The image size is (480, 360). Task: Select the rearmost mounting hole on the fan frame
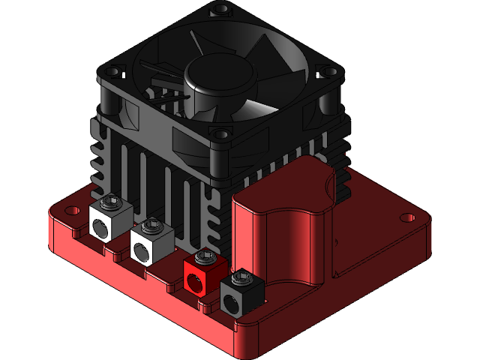click(220, 11)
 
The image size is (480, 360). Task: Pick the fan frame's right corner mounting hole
click(325, 71)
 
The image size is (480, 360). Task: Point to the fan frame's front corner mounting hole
click(223, 135)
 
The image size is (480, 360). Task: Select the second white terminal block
click(149, 243)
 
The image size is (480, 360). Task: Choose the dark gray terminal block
click(240, 294)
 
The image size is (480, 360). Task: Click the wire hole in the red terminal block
click(196, 282)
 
